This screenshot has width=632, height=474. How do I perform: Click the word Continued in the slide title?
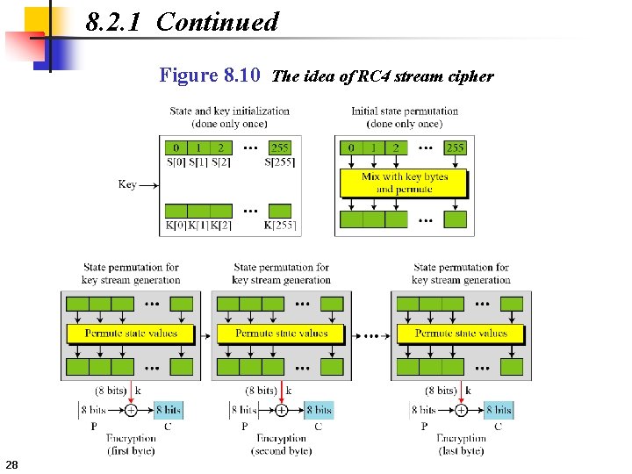tap(217, 22)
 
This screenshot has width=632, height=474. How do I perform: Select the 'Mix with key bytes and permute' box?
tap(405, 183)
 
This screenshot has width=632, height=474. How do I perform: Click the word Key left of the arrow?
tap(127, 184)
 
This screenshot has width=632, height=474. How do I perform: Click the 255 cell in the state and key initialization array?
tap(279, 147)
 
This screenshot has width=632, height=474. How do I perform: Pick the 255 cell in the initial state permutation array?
tap(456, 147)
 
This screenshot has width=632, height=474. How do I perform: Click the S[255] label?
tap(280, 162)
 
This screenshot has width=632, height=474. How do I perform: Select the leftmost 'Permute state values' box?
tap(131, 334)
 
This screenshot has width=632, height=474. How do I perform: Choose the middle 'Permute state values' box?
tap(282, 334)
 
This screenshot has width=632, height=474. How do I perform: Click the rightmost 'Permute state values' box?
tap(461, 334)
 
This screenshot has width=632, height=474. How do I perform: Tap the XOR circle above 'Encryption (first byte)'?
tap(131, 409)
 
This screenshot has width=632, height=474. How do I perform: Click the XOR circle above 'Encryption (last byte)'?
tap(461, 409)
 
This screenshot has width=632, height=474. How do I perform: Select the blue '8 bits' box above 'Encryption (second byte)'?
tap(319, 409)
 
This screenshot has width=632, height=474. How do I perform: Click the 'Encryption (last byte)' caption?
tap(461, 444)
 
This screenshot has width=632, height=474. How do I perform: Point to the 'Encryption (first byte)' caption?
tap(131, 444)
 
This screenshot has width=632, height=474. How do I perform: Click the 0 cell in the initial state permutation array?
tap(351, 147)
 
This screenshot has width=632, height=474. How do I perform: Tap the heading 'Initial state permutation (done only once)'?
tap(405, 117)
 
